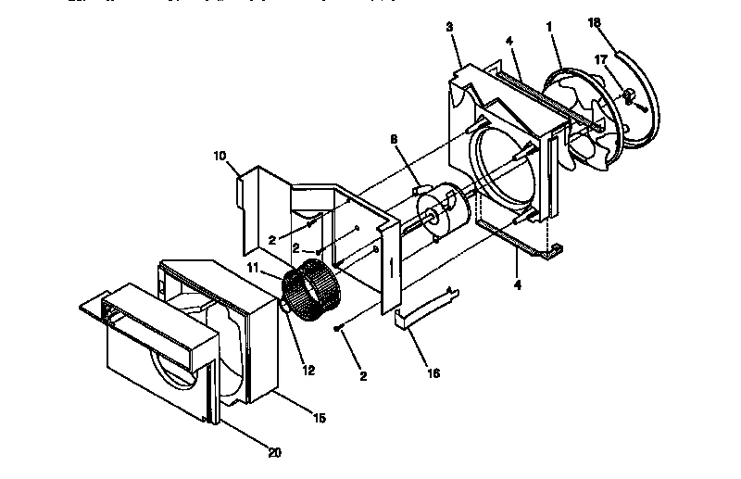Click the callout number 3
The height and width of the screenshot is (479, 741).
(x=449, y=27)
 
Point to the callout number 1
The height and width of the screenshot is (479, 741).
(x=549, y=29)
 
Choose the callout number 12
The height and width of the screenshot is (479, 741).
(x=308, y=370)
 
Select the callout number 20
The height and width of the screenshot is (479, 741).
(x=274, y=453)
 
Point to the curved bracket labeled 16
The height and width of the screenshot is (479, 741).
(x=424, y=308)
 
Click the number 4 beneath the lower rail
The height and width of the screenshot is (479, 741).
(x=517, y=285)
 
